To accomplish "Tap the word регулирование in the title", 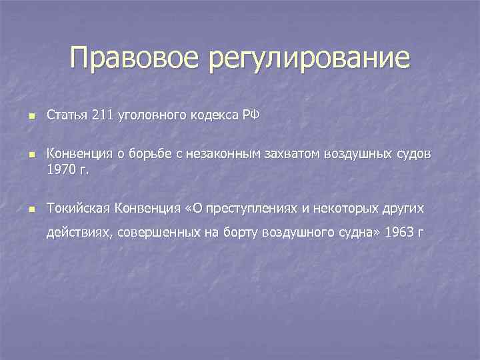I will tap(309, 59).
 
